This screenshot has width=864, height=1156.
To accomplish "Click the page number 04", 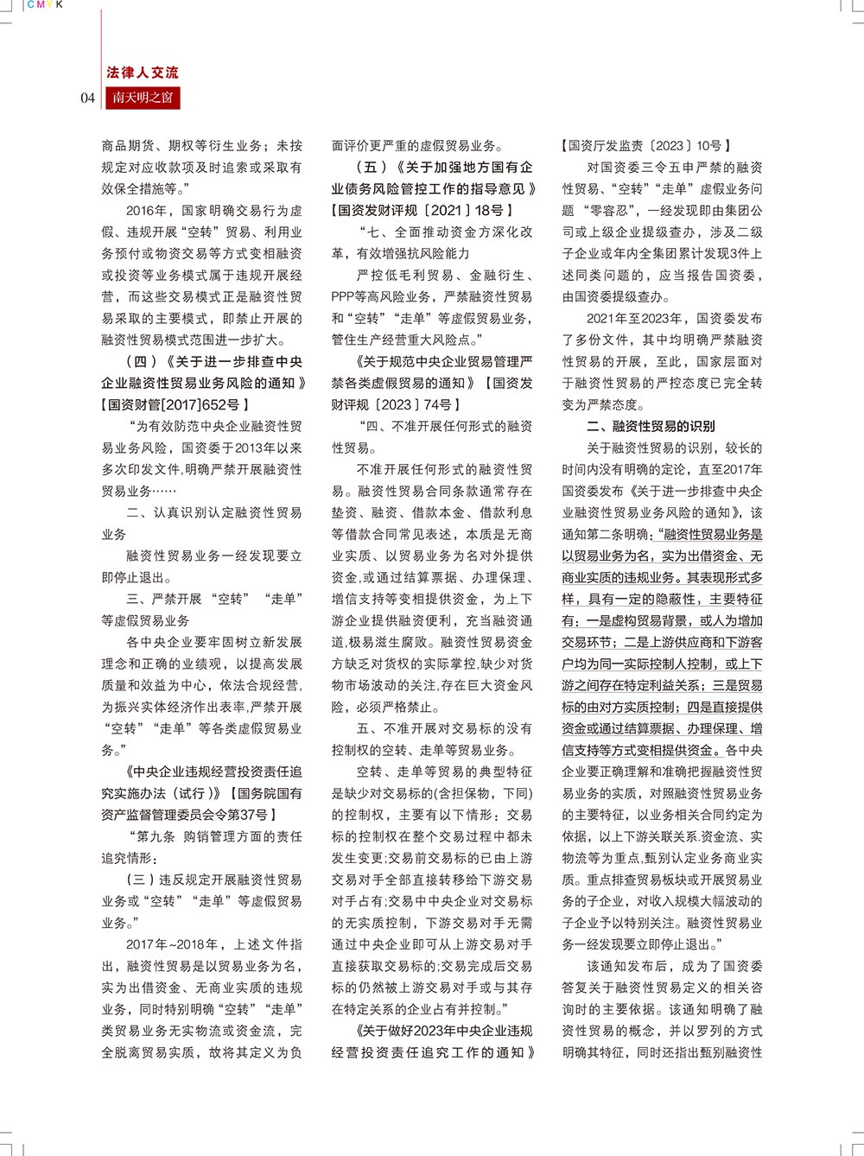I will [x=87, y=98].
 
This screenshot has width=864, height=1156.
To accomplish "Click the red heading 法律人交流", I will [x=143, y=73].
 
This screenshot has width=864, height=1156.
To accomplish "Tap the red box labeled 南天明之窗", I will [x=143, y=98].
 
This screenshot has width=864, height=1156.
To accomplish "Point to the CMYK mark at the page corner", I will [x=46, y=5].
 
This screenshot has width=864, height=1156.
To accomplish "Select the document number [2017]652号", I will [x=202, y=404].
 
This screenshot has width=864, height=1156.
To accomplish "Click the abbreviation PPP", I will [x=346, y=297].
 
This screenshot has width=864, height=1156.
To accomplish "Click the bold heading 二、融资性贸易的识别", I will [x=651, y=427].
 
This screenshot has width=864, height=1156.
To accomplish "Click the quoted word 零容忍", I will [x=610, y=211].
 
